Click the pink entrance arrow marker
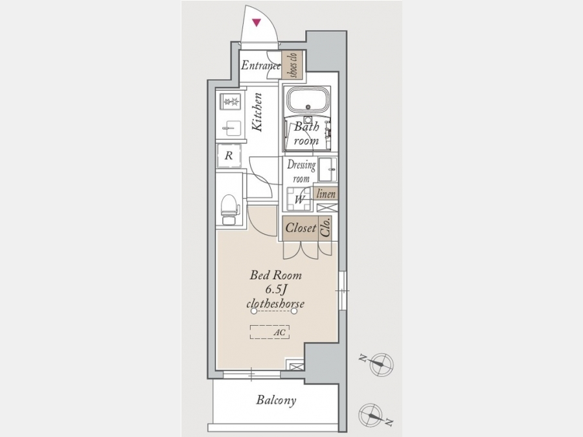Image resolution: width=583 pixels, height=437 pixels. [257, 23]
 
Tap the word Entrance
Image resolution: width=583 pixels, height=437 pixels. [260, 65]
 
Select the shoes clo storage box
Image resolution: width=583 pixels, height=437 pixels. [292, 65]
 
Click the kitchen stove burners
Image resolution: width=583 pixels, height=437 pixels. [231, 101]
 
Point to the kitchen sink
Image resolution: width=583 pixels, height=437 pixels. [229, 129]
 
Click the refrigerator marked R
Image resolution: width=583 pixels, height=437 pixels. [229, 155]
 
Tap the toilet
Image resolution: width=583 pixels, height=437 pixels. [229, 210]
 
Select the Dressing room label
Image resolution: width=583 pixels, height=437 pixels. [301, 171]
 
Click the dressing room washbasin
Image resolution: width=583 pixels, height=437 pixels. [328, 170]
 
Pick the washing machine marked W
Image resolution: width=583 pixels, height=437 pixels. [299, 199]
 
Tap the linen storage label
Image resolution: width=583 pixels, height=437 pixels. [326, 194]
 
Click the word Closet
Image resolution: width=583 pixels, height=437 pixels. [301, 228]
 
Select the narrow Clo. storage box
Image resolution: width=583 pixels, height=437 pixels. [325, 229]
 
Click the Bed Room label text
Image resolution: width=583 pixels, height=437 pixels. [275, 275]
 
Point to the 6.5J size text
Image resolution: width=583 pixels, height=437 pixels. [275, 289]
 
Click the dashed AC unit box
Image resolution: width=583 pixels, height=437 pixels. [269, 332]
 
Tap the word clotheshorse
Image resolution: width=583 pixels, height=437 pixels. [275, 304]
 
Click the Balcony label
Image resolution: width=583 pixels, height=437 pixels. [276, 400]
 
